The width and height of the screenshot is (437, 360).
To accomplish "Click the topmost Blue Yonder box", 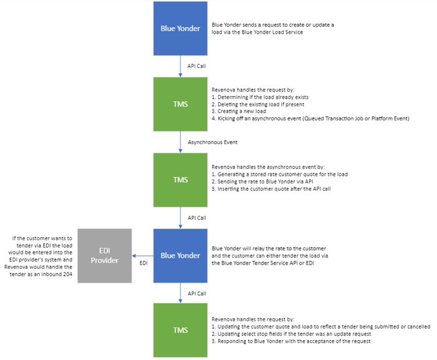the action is coord(180,29).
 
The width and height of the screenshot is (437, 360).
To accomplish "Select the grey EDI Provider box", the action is coord(105,256).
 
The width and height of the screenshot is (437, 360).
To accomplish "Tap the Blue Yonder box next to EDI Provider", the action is coord(180,256).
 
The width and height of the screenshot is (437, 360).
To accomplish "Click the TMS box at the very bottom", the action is coord(180,330).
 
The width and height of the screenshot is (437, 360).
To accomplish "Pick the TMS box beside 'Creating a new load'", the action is coord(180,104).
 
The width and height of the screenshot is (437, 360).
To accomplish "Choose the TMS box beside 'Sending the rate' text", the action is coord(180,180).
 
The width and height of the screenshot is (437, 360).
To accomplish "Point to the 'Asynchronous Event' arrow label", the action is coord(213,142).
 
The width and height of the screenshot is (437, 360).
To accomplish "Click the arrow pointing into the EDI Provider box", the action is coord(143,256).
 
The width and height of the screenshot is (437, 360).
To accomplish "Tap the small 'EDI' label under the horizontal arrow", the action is coord(143,263).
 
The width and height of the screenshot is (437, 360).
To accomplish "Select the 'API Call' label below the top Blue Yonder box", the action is coord(196,66).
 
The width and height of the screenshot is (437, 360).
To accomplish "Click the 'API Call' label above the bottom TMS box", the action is coord(197,293).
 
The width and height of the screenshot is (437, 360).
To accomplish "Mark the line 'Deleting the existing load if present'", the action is coord(258,104).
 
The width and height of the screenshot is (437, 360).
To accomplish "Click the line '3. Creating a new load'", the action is coord(239,111).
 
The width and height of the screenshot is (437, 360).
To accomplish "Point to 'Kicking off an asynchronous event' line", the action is coord(310,119).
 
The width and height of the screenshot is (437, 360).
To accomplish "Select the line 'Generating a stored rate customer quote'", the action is coord(279,174).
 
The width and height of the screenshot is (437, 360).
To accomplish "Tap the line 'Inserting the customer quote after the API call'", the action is coord(271,189).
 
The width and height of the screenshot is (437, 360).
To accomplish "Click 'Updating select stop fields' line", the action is coord(291,334).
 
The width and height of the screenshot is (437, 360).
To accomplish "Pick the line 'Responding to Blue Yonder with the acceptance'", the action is coord(291,341).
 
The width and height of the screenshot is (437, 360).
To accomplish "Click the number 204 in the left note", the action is coord(67,275).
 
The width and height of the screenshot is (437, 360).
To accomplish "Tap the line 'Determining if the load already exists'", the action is coord(260,97).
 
